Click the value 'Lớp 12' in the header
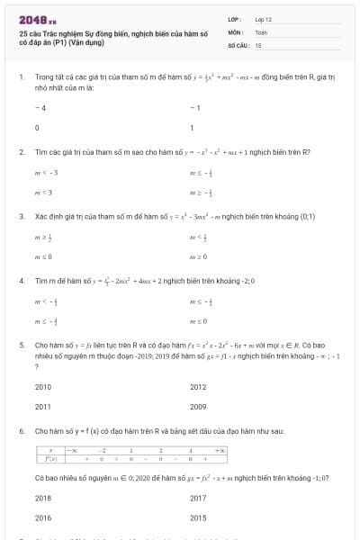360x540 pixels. [263, 19]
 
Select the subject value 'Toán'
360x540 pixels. [261, 31]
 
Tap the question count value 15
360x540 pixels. [258, 44]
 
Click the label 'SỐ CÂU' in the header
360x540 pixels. [237, 44]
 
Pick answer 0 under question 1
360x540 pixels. [37, 127]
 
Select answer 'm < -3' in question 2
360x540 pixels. [46, 172]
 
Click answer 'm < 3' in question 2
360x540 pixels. [44, 192]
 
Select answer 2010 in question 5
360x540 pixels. [43, 387]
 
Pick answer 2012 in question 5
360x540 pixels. [199, 387]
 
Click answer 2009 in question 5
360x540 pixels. [199, 406]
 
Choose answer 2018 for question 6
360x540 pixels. [43, 498]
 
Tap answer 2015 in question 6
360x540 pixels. [199, 517]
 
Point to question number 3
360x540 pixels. [22, 216]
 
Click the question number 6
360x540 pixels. [22, 431]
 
